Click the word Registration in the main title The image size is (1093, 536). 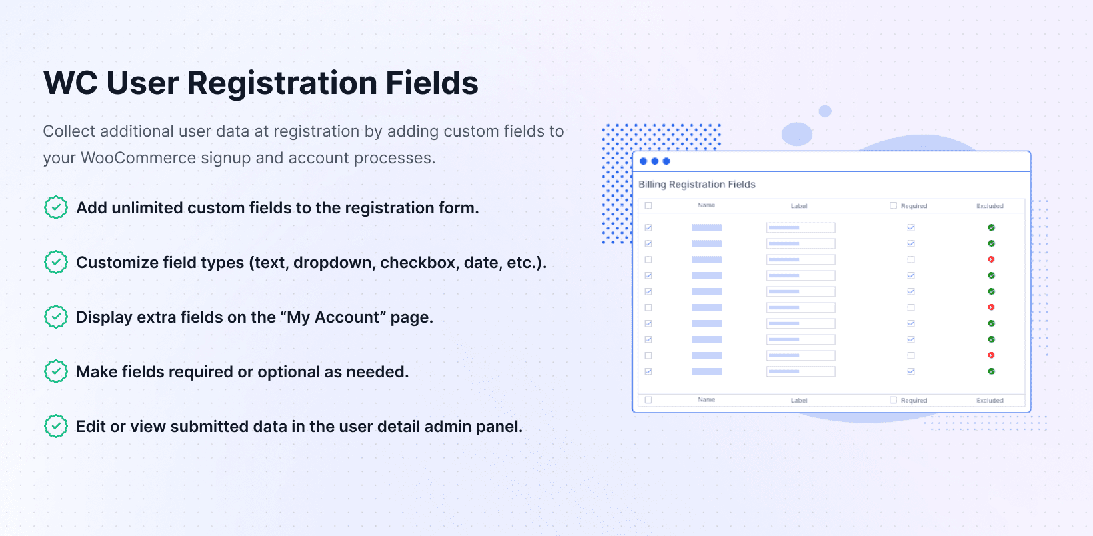[x=281, y=83]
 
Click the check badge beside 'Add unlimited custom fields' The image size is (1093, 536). [x=55, y=207]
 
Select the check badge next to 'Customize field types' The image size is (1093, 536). [x=55, y=262]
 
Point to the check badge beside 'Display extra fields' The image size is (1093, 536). [x=55, y=317]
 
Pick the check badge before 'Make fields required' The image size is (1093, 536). [x=55, y=371]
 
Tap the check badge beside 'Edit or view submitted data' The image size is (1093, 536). [x=55, y=426]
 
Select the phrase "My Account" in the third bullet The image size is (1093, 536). [x=333, y=317]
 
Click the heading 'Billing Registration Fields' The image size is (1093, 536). [x=697, y=185]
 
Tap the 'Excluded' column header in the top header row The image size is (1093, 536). [x=990, y=206]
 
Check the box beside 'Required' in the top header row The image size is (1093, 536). [x=893, y=205]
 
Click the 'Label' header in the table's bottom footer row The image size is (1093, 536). [x=799, y=400]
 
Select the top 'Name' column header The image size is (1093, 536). [x=706, y=205]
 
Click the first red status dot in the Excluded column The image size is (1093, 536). [x=991, y=259]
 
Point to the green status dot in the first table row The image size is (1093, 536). [x=991, y=227]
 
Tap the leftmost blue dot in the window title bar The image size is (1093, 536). [x=643, y=161]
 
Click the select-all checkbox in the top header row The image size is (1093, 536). [x=648, y=205]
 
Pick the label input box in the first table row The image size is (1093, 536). [x=800, y=227]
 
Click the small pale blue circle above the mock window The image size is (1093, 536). [x=824, y=111]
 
